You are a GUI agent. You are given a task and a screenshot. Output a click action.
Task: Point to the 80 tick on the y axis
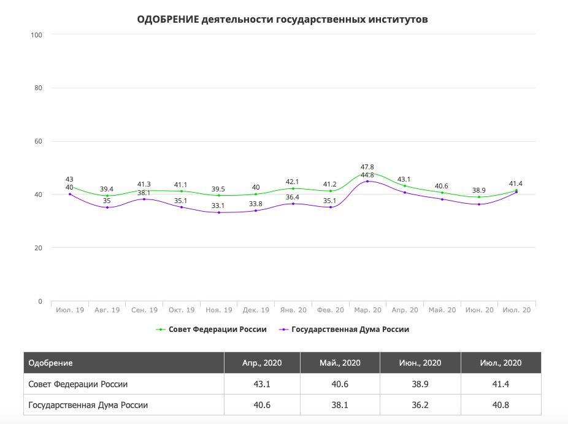tap(37, 88)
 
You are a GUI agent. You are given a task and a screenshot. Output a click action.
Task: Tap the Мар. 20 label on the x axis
tap(367, 310)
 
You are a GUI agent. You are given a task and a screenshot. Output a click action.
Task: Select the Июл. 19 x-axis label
tap(70, 310)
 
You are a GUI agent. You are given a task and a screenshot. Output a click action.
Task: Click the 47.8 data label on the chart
tap(367, 166)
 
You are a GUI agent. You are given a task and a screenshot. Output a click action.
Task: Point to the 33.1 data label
tap(219, 206)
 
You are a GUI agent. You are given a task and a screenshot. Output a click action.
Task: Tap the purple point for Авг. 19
tap(107, 207)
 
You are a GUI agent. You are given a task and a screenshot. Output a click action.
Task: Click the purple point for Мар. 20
tap(367, 181)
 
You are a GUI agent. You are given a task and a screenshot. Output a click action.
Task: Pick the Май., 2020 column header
tap(340, 363)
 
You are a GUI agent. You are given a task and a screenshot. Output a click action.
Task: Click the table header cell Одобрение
tap(51, 363)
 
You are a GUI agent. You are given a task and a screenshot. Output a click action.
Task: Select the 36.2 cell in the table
tap(420, 405)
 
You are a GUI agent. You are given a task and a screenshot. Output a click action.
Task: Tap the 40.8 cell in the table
tap(501, 405)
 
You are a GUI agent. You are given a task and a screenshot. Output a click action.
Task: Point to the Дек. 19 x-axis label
tap(256, 310)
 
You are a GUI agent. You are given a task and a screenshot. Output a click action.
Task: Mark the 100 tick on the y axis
tap(36, 34)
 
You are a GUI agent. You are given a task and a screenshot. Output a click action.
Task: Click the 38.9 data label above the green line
tap(479, 190)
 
